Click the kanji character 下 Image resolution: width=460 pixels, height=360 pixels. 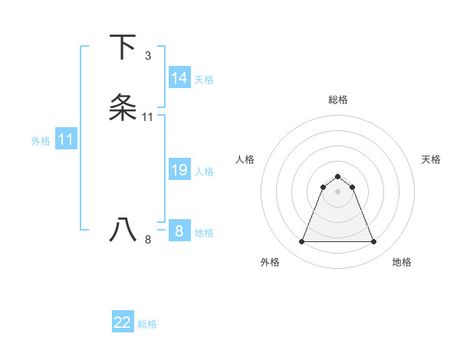tap(123, 47)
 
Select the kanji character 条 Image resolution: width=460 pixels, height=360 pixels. tap(123, 108)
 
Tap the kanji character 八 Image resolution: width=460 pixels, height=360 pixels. tap(123, 231)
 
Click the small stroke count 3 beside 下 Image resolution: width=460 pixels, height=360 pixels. tap(148, 56)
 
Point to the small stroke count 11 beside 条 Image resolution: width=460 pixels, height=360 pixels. tap(148, 117)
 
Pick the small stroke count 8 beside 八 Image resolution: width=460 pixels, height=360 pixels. tap(148, 240)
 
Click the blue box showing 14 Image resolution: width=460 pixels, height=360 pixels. tap(179, 78)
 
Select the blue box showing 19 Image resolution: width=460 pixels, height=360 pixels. tap(179, 170)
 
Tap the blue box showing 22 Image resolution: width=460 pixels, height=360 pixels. tap(123, 322)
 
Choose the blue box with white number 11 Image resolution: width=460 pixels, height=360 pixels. tap(66, 139)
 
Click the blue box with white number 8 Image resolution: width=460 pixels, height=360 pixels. tap(179, 231)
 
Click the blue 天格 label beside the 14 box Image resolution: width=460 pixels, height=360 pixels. tap(204, 80)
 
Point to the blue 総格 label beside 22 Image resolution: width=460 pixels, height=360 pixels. tap(147, 324)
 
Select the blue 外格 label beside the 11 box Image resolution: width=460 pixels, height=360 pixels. tap(41, 141)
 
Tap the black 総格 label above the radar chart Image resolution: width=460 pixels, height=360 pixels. tap(338, 100)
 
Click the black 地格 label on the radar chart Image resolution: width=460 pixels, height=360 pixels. tap(402, 262)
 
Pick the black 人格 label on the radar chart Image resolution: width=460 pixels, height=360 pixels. tap(245, 159)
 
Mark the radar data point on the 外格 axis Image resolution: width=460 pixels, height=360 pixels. tap(301, 242)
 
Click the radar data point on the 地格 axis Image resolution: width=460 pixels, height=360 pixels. tap(374, 242)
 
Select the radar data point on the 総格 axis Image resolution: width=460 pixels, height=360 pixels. tap(338, 177)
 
